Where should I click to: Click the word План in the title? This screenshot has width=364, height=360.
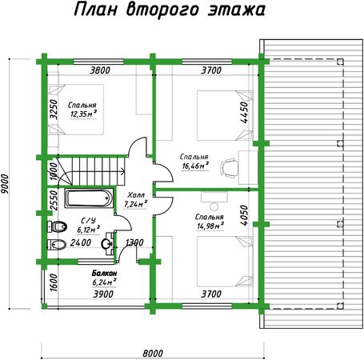coord(95,10)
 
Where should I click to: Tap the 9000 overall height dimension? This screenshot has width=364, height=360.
coord(5,184)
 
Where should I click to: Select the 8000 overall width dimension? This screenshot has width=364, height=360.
coord(153,354)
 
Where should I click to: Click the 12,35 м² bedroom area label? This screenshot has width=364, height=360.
coord(83,114)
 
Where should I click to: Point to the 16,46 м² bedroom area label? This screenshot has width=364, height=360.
coord(195,166)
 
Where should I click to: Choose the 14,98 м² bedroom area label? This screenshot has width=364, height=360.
coord(210,226)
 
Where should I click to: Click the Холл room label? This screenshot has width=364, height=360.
coord(136,194)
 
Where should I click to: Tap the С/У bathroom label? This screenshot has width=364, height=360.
coord(88,221)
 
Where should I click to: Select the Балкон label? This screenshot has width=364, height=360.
coord(104,273)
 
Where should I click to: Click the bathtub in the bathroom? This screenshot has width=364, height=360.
coord(88,198)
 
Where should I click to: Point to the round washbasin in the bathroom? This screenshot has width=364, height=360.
coord(106,243)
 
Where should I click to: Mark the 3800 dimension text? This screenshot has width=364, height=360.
coord(100,70)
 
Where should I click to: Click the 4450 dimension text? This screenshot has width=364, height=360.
coord(244,112)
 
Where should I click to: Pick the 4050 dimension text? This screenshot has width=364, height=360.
coord(244,215)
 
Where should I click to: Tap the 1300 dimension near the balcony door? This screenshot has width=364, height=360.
coord(134,242)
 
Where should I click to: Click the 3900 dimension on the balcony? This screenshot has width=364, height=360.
coord(103,294)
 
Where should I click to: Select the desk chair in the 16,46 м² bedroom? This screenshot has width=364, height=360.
coord(230,168)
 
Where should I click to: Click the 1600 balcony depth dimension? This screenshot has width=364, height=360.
coord(54,282)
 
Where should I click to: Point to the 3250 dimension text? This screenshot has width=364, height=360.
coord(54,110)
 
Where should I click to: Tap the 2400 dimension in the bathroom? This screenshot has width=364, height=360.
coord(81,242)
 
